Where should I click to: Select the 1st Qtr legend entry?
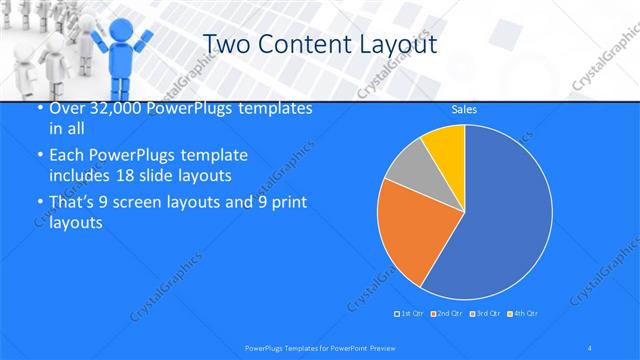(x=411, y=314)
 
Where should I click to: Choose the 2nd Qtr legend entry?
(x=447, y=314)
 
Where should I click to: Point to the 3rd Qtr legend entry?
(x=484, y=314)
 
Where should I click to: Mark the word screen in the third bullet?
(x=137, y=203)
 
